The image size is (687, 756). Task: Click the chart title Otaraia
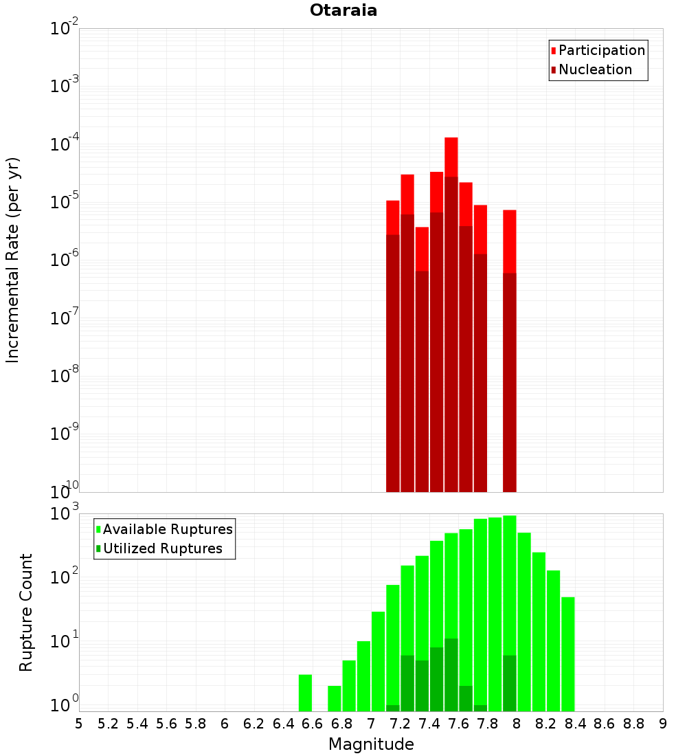pyautogui.click(x=343, y=11)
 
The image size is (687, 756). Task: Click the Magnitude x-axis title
pyautogui.click(x=371, y=744)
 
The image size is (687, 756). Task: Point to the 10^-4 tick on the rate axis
pyautogui.click(x=64, y=145)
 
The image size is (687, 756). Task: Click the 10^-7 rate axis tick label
pyautogui.click(x=64, y=319)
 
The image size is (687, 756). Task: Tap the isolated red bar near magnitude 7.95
pyautogui.click(x=509, y=241)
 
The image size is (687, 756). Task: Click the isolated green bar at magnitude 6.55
pyautogui.click(x=306, y=693)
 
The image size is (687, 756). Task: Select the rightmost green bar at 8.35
pyautogui.click(x=568, y=653)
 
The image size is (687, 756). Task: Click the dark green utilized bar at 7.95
pyautogui.click(x=510, y=683)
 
